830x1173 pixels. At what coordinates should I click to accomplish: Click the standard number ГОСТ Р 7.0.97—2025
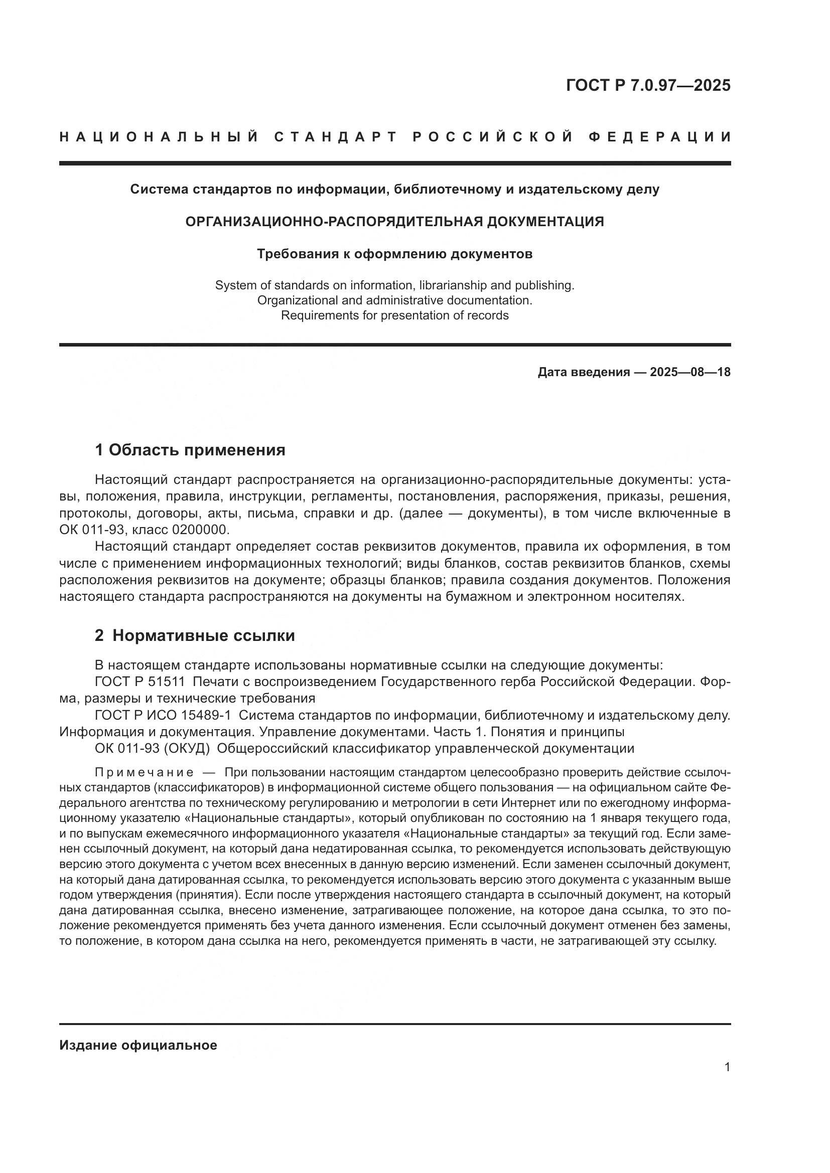tap(648, 85)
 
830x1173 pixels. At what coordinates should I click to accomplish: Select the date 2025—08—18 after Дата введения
tap(690, 372)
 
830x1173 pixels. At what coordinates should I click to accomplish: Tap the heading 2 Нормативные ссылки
tap(195, 635)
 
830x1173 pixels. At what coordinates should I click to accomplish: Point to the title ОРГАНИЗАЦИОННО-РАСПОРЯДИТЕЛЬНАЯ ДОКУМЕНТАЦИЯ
tap(394, 222)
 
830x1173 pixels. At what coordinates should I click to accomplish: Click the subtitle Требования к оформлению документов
tap(394, 254)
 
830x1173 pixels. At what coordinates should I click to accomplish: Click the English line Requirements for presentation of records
tap(394, 315)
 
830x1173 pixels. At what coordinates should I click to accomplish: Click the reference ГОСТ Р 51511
tap(140, 682)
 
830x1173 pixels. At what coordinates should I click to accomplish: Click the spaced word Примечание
tap(144, 772)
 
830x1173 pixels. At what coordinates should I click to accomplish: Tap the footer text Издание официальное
tap(138, 1045)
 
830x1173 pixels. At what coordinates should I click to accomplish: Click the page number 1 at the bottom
tap(727, 1067)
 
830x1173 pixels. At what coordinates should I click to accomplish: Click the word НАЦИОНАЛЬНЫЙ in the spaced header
tap(159, 137)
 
